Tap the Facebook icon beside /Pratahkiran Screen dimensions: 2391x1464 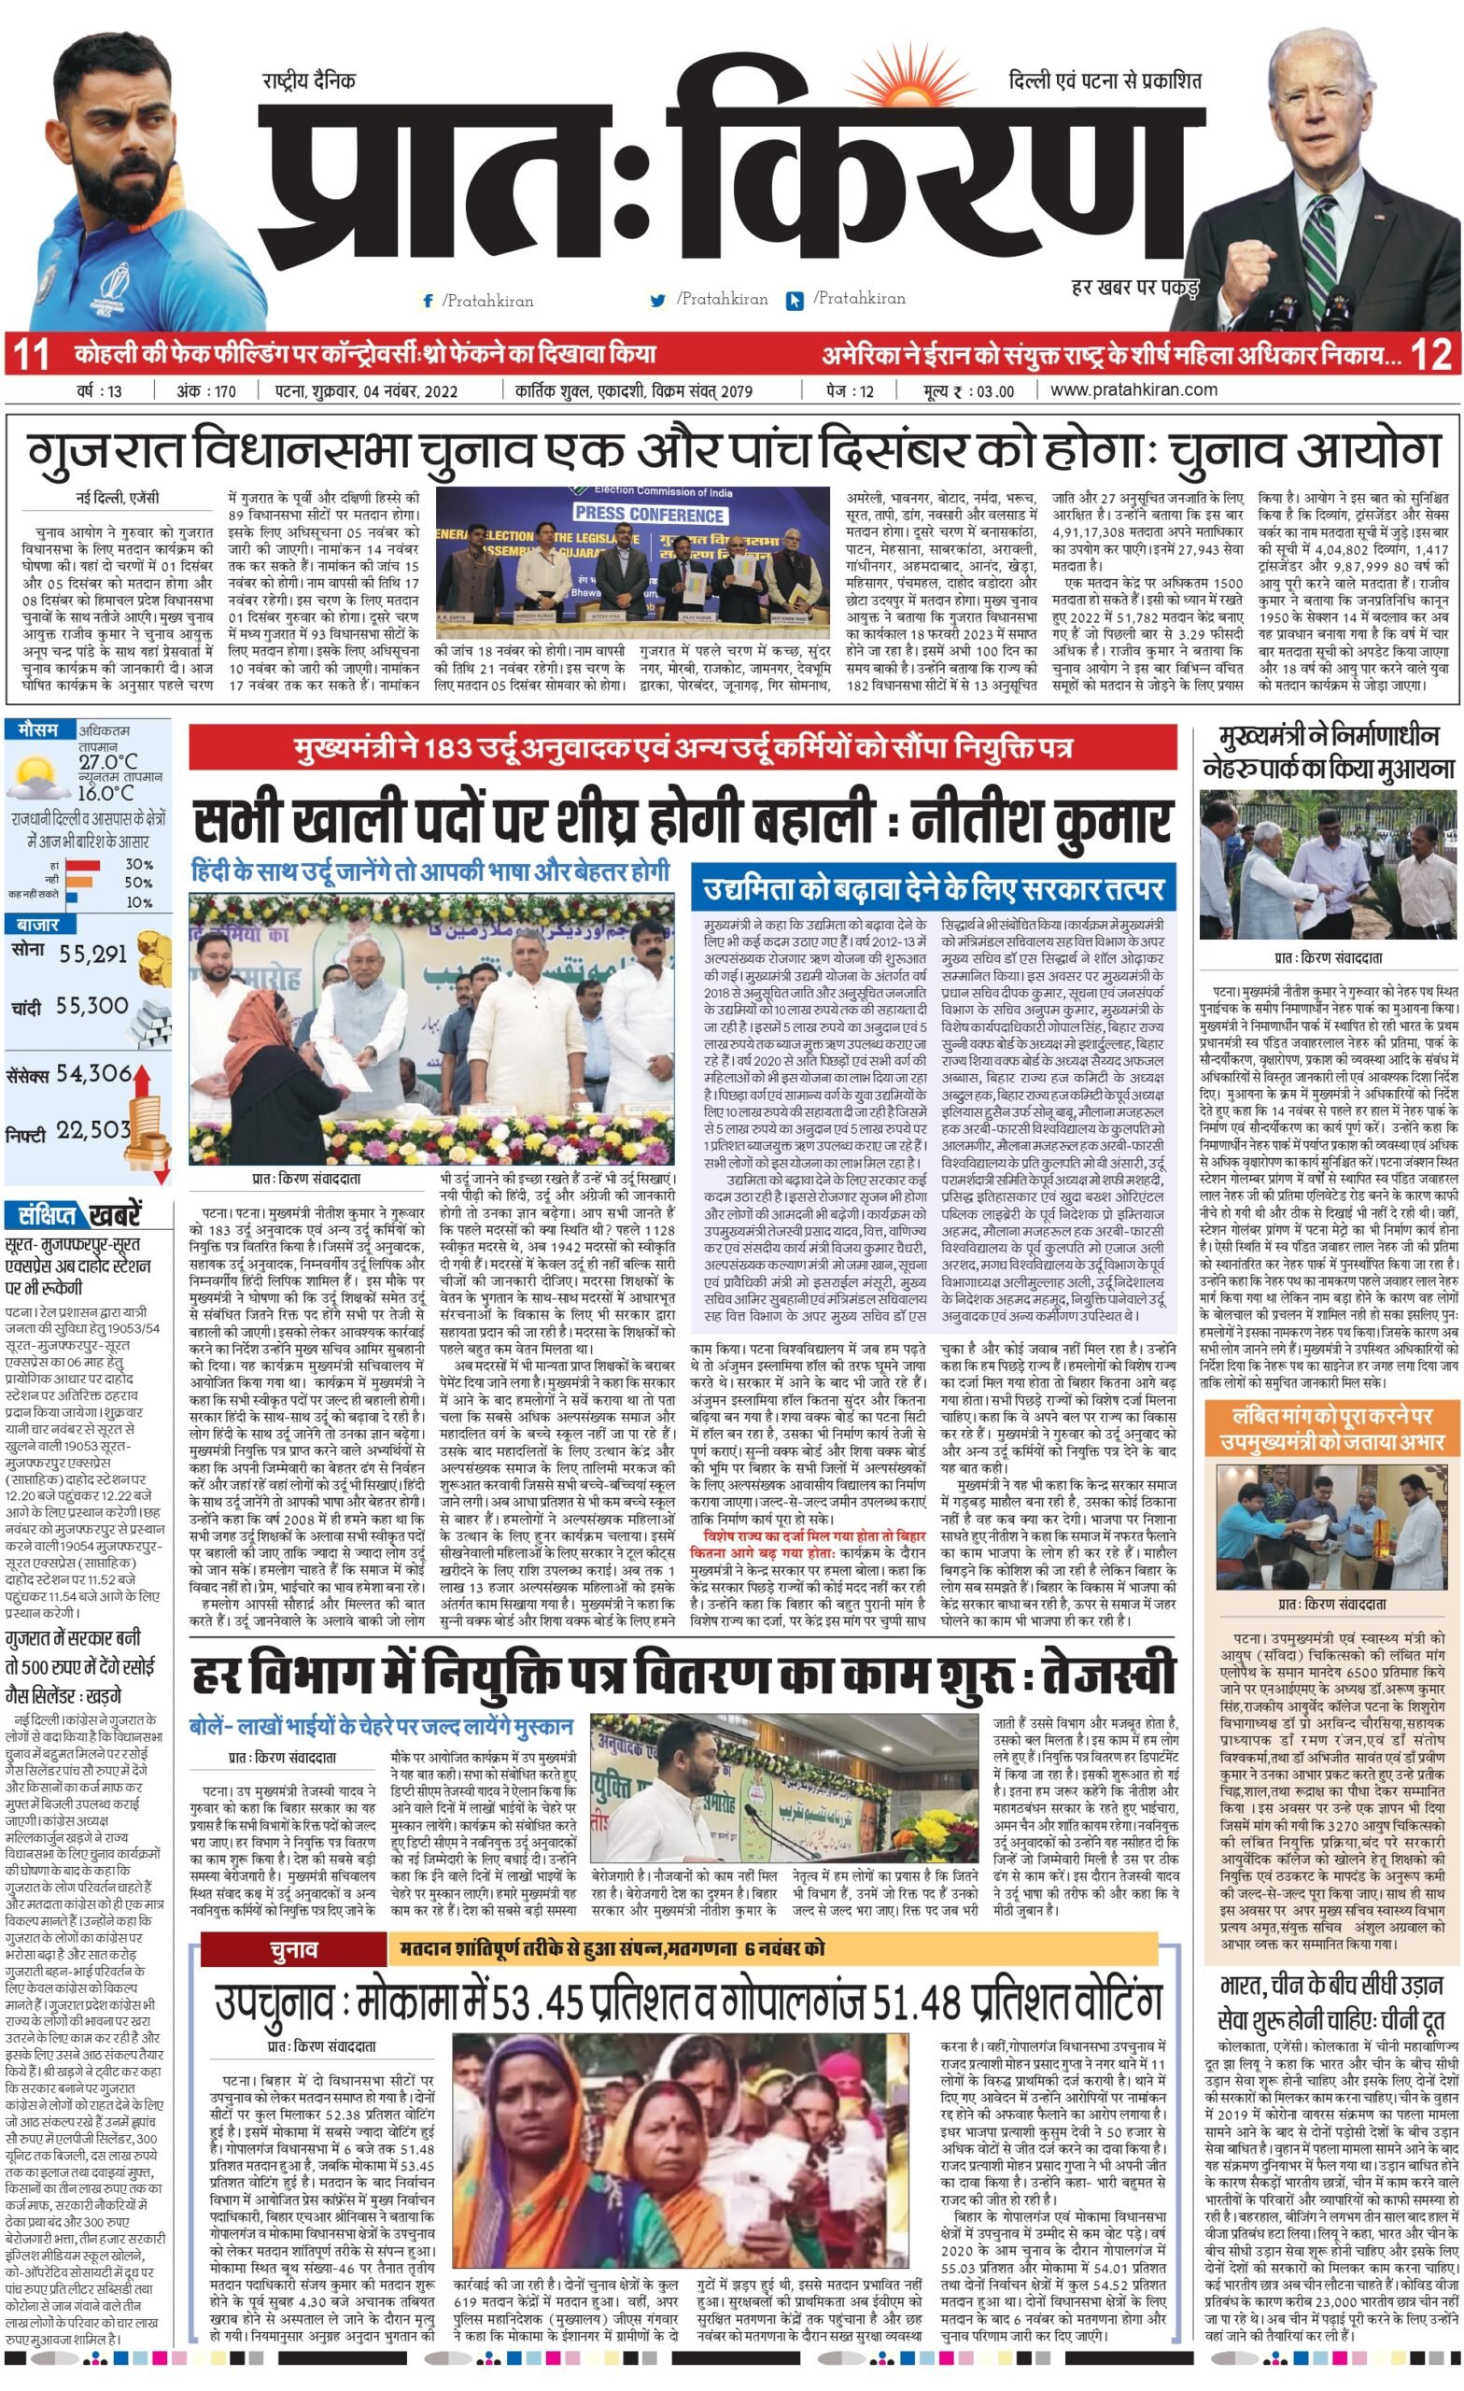pos(428,301)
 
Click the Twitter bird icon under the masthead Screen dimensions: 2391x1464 pos(659,300)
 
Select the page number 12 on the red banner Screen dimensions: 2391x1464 pos(1430,355)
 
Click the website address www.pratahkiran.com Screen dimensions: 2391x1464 pos(1133,390)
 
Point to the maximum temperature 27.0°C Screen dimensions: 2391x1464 pos(107,761)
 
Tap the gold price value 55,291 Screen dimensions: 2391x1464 pos(93,954)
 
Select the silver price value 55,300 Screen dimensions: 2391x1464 pos(92,1006)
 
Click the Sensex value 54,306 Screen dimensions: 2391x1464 pos(93,1073)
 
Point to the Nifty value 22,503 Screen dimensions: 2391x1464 pos(93,1129)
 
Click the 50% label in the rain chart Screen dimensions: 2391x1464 pos(138,882)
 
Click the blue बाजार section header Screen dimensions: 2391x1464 pos(36,925)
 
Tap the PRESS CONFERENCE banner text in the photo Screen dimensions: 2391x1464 pos(648,514)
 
